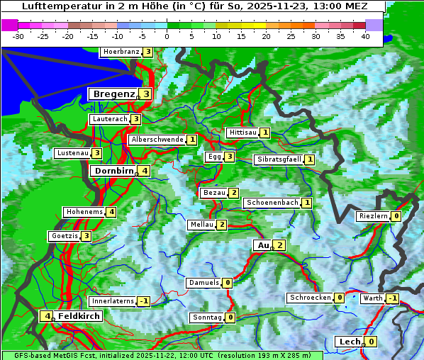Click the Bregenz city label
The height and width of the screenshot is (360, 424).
click(x=113, y=94)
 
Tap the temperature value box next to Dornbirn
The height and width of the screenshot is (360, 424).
click(x=144, y=171)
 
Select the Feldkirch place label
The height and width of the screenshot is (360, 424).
click(x=79, y=316)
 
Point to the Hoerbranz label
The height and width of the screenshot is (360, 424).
click(x=120, y=52)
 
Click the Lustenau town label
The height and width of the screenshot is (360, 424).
click(x=72, y=153)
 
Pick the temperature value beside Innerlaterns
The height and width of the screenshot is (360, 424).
click(x=143, y=301)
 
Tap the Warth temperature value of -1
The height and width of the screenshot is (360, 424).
click(x=392, y=298)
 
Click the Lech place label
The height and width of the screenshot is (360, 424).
click(x=350, y=342)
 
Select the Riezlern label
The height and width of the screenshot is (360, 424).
click(x=373, y=216)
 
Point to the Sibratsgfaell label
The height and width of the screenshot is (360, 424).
click(x=279, y=159)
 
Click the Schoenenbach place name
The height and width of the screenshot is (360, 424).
click(x=272, y=203)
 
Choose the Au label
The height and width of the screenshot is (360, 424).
click(x=262, y=245)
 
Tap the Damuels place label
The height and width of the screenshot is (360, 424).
click(x=203, y=283)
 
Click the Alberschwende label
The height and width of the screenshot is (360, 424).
click(x=157, y=140)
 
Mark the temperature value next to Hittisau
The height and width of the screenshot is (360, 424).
click(x=265, y=133)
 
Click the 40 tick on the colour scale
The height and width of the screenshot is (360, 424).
click(x=365, y=36)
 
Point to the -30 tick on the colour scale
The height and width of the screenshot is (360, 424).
click(x=18, y=36)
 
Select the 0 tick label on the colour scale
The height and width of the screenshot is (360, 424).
click(x=167, y=36)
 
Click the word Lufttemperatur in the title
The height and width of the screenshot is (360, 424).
click(x=61, y=6)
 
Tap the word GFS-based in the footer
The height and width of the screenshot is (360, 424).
click(x=22, y=355)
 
